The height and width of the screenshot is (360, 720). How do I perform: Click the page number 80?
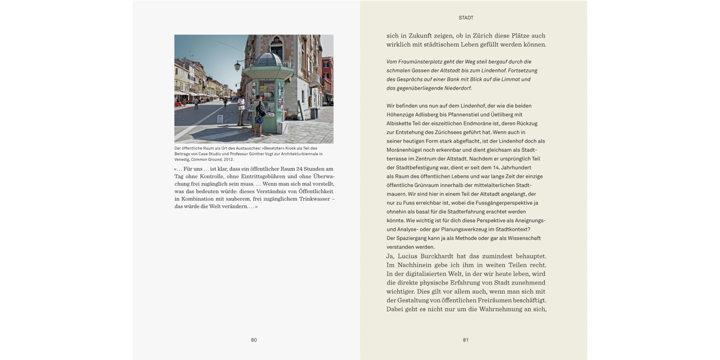254,340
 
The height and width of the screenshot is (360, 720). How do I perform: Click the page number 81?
466,340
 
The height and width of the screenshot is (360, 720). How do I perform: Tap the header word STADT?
466,18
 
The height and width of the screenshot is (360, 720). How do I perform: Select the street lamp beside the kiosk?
237,66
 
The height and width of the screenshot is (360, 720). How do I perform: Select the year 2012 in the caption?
228,160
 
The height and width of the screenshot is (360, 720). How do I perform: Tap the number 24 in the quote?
299,169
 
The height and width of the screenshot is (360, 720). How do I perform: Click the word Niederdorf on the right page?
457,88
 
